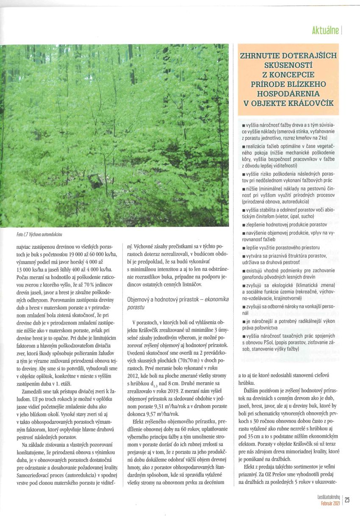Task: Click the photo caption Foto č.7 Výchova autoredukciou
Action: (37, 234)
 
